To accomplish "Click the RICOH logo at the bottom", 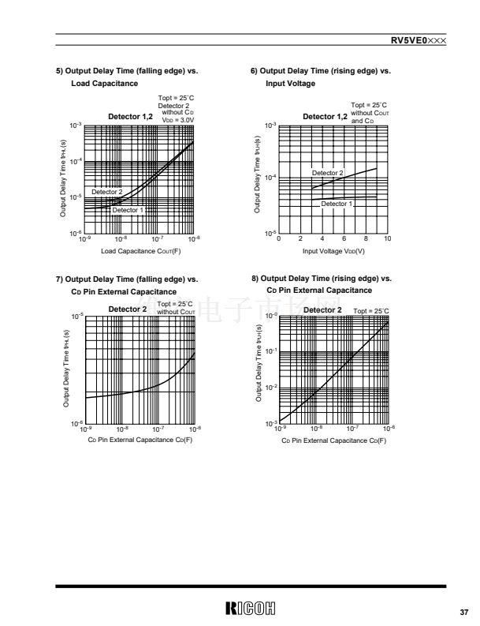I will tap(250, 608).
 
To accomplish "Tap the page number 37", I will tap(463, 610).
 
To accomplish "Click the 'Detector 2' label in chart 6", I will tap(327, 172).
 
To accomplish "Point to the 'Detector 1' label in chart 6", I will tap(337, 204).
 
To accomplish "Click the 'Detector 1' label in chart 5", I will tap(128, 210).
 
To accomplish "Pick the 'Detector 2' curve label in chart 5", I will tap(107, 192).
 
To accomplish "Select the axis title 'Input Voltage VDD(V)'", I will tap(333, 251).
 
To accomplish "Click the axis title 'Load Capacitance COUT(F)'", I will tap(141, 251).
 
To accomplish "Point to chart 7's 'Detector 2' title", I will tap(128, 309).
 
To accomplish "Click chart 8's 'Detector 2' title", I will tap(322, 310).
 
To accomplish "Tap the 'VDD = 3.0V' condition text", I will tap(177, 119).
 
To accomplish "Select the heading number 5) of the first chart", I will tap(59, 71).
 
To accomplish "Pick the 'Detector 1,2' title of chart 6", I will tap(325, 117).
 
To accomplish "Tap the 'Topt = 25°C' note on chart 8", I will tap(371, 312).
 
